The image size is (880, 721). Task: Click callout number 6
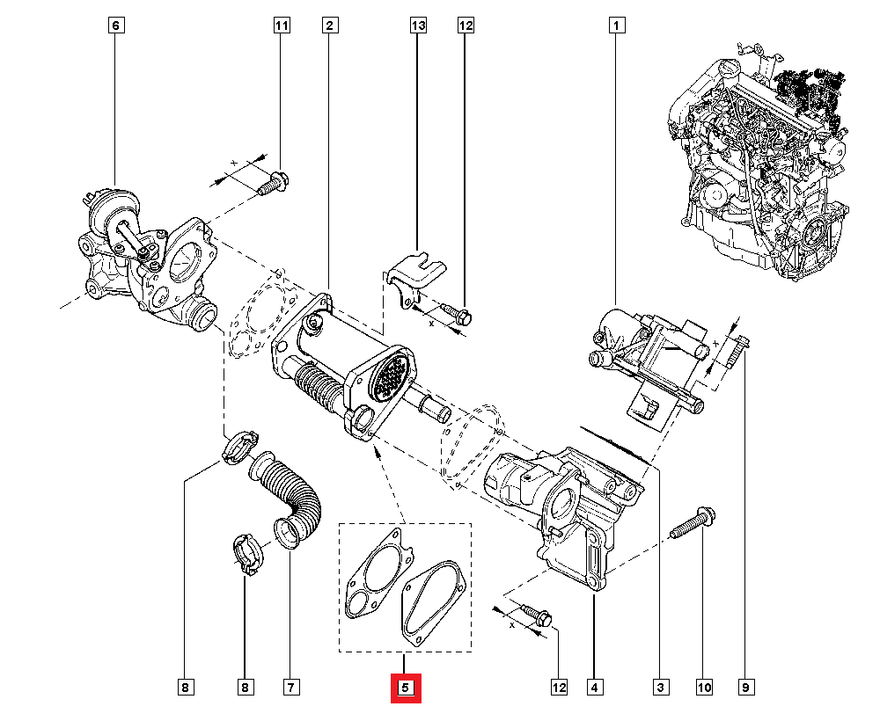[x=115, y=25]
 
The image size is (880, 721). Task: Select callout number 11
[x=282, y=25]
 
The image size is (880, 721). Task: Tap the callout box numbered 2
[x=330, y=25]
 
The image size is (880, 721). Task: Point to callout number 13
[x=418, y=25]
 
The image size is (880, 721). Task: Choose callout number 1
[x=616, y=25]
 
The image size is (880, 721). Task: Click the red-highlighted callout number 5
[x=406, y=688]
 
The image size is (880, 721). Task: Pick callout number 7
[x=290, y=687]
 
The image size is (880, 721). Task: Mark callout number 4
[x=595, y=687]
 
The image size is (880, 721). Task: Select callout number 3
[x=661, y=687]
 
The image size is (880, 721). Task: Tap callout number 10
[x=704, y=687]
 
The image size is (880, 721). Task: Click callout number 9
[x=746, y=687]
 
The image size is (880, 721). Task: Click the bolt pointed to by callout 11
[x=274, y=183]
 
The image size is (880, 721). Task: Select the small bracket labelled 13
[x=415, y=275]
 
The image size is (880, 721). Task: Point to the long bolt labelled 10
[x=693, y=522]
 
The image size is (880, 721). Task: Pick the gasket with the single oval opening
[x=432, y=602]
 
